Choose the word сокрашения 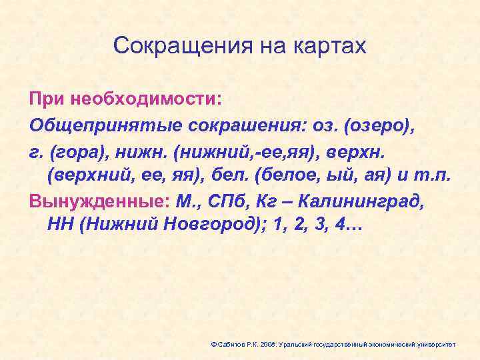tap(215, 124)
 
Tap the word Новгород tap(219, 224)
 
